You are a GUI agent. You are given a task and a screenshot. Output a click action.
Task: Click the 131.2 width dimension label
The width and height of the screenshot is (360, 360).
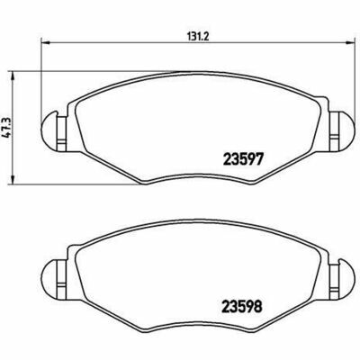[198, 37]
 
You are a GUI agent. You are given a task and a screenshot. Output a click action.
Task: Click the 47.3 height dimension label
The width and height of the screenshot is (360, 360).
[7, 127]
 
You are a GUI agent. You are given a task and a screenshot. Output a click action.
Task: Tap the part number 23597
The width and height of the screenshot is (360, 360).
[243, 159]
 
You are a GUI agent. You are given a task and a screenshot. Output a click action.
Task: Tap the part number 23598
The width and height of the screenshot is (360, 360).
[242, 307]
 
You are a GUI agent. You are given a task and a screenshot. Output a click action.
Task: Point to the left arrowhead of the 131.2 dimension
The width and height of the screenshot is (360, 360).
[44, 42]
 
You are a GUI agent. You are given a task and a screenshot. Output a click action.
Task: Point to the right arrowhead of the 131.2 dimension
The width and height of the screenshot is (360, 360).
[350, 42]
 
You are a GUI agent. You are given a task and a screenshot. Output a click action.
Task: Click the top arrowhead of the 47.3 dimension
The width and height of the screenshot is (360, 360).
[13, 76]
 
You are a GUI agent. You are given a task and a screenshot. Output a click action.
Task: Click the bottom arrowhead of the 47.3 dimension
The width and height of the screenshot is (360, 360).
[13, 180]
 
